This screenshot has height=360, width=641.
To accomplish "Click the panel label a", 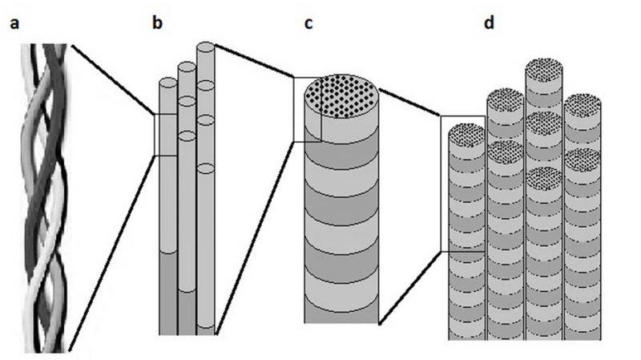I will pyautogui.click(x=13, y=23).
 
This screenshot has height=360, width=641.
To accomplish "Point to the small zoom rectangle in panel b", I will pyautogui.click(x=165, y=134).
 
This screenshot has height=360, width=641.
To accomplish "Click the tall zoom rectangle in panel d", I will pyautogui.click(x=462, y=184).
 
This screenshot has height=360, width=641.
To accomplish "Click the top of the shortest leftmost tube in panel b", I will pyautogui.click(x=167, y=83).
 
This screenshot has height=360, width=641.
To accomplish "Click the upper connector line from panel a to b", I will pyautogui.click(x=112, y=80).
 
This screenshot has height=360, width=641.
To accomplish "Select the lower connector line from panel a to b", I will pyautogui.click(x=112, y=249).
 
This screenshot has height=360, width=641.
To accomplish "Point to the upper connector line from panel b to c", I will pyautogui.click(x=255, y=60).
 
